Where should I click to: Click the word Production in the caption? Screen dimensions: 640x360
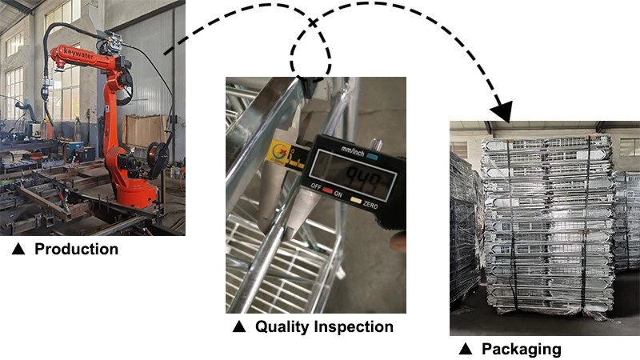tap(76, 249)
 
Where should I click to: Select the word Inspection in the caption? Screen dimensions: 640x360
tap(354, 326)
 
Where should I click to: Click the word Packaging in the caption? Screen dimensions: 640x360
tap(522, 350)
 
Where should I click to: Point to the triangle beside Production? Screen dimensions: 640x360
tap(18, 249)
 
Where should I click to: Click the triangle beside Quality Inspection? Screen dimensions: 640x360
tap(239, 326)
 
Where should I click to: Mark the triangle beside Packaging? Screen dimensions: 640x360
tap(466, 349)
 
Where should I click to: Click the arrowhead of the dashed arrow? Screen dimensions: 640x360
tap(502, 111)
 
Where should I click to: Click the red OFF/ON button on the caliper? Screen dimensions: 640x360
tap(327, 190)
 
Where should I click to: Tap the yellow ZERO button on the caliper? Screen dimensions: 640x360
tap(356, 201)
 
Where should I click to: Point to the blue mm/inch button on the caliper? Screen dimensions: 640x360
tap(372, 156)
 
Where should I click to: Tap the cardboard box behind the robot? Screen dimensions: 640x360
tap(146, 131)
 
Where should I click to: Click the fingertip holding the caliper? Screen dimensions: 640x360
tap(398, 242)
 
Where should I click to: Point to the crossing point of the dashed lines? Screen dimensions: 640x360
tap(313, 23)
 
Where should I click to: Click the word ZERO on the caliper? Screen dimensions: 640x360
tap(370, 205)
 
